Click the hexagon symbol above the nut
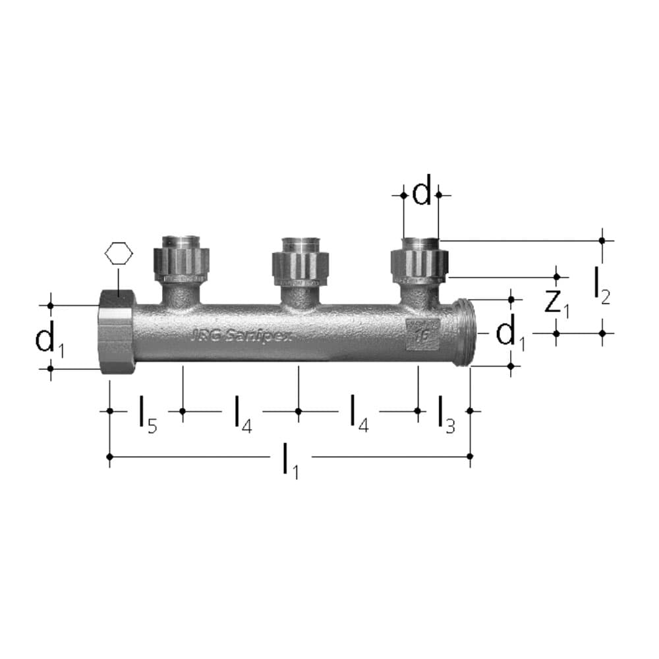click(x=119, y=254)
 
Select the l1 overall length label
click(x=290, y=460)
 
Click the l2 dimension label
click(x=601, y=285)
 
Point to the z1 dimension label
click(x=557, y=302)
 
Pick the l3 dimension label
click(x=445, y=414)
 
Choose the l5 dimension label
click(x=147, y=414)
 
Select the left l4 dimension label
click(x=243, y=414)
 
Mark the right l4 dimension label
click(x=358, y=414)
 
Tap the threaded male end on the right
click(x=464, y=332)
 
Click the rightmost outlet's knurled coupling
click(x=420, y=264)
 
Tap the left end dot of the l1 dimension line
click(x=109, y=456)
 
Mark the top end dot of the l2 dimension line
click(x=602, y=241)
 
